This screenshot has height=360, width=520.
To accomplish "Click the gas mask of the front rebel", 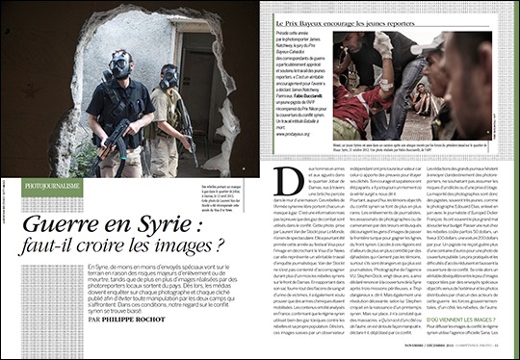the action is (x=121, y=65).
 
